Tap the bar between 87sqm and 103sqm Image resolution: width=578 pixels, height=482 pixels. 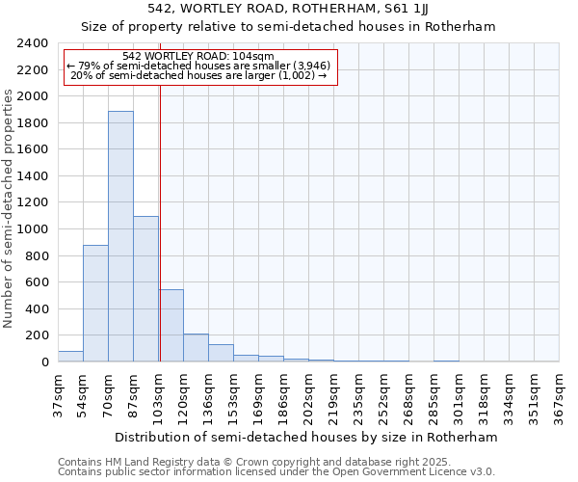[x=145, y=289]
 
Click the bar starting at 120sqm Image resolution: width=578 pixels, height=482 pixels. [x=196, y=348]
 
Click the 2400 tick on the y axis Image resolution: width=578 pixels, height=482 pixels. [x=34, y=43]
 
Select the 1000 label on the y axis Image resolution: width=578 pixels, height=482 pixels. [x=34, y=229]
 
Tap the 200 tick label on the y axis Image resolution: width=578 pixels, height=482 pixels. [x=38, y=335]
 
